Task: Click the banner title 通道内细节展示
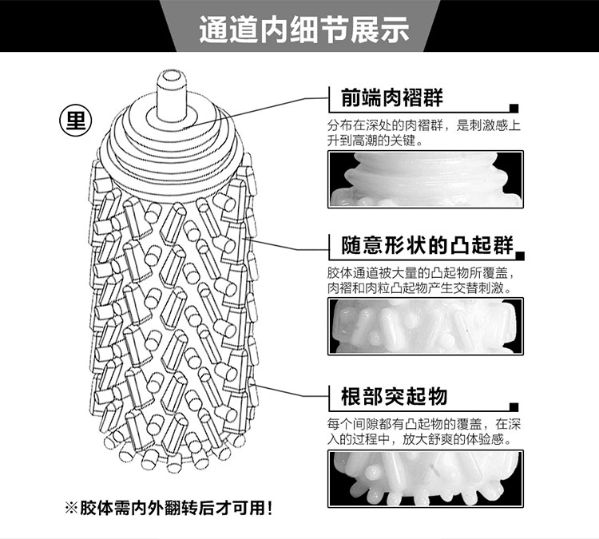(304, 29)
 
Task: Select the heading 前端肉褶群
(392, 97)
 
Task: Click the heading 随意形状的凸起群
(427, 245)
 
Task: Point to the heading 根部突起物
(394, 396)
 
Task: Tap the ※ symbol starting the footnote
(71, 509)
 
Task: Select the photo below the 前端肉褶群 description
(426, 179)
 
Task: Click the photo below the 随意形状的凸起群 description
(426, 327)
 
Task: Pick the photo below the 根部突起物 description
(426, 478)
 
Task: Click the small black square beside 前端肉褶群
(514, 108)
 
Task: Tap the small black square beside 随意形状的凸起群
(520, 256)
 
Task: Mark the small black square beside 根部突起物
(514, 406)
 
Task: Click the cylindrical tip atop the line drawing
(172, 96)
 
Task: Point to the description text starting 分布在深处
(423, 133)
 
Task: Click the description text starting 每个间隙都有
(423, 432)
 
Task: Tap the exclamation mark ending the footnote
(270, 509)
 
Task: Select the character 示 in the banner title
(395, 30)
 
